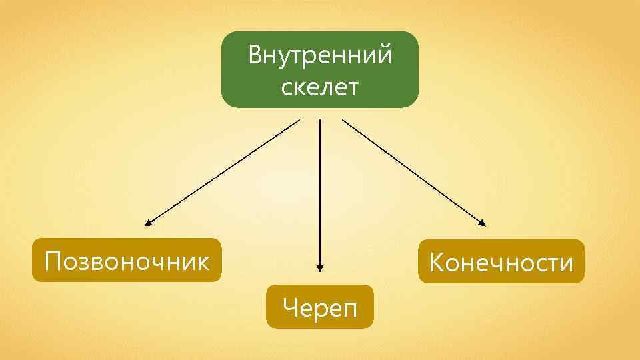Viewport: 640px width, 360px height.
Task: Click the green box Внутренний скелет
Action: (x=320, y=69)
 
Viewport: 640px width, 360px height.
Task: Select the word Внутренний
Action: (x=320, y=55)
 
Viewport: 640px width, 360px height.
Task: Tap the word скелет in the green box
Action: (x=320, y=87)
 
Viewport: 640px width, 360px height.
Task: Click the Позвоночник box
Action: (x=127, y=260)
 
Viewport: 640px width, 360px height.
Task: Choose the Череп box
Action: (x=320, y=307)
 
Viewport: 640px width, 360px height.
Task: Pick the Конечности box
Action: (x=501, y=261)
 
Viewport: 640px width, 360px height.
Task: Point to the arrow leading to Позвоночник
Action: (x=223, y=171)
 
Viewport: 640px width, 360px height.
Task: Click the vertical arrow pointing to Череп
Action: (x=320, y=193)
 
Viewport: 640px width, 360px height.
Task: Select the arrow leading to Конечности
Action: (x=413, y=171)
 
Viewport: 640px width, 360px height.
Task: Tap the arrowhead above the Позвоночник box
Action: (x=148, y=223)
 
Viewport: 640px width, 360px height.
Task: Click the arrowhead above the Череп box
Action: (x=320, y=268)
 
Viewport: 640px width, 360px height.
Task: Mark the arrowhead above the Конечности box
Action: (x=483, y=223)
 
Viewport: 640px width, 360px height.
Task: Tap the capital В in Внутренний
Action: (x=255, y=55)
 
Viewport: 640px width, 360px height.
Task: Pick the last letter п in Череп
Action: (x=349, y=309)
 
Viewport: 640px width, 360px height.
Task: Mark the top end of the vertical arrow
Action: (x=320, y=121)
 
